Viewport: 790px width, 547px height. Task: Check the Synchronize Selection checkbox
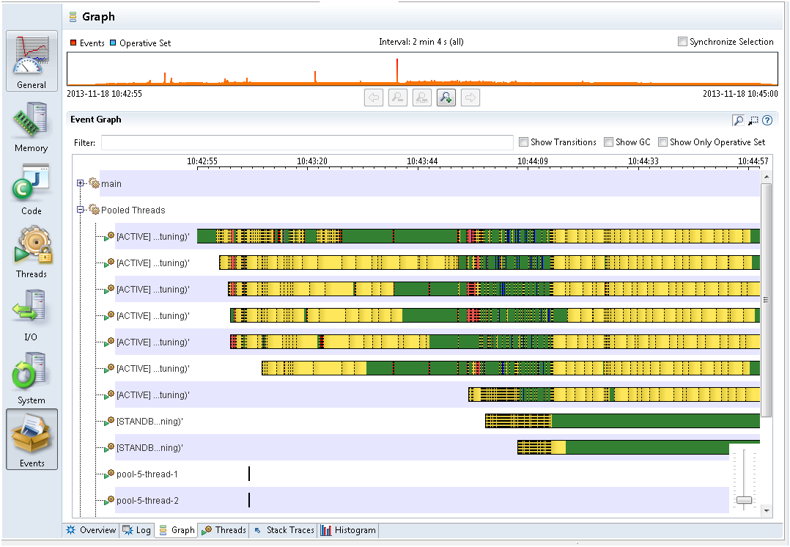(683, 42)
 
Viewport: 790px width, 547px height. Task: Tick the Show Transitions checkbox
(523, 142)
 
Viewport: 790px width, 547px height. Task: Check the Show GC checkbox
(608, 142)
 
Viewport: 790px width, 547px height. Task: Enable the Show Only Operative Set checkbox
(662, 142)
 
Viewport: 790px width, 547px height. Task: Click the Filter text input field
(307, 142)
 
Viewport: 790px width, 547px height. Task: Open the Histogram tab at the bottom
(348, 530)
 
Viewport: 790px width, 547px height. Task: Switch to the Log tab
(137, 530)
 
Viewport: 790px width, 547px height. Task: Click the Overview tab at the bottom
(91, 530)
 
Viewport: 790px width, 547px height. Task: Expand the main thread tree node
(81, 183)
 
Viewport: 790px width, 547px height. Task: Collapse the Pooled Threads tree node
(81, 210)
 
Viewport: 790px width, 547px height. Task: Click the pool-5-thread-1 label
(147, 474)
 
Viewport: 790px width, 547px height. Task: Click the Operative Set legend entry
(144, 43)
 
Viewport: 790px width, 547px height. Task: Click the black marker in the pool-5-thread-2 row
(249, 500)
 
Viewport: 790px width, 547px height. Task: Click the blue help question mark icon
(767, 120)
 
